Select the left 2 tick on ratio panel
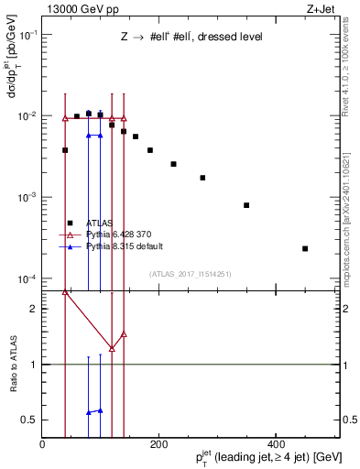click(x=35, y=309)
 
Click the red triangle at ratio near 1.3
click(x=112, y=348)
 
